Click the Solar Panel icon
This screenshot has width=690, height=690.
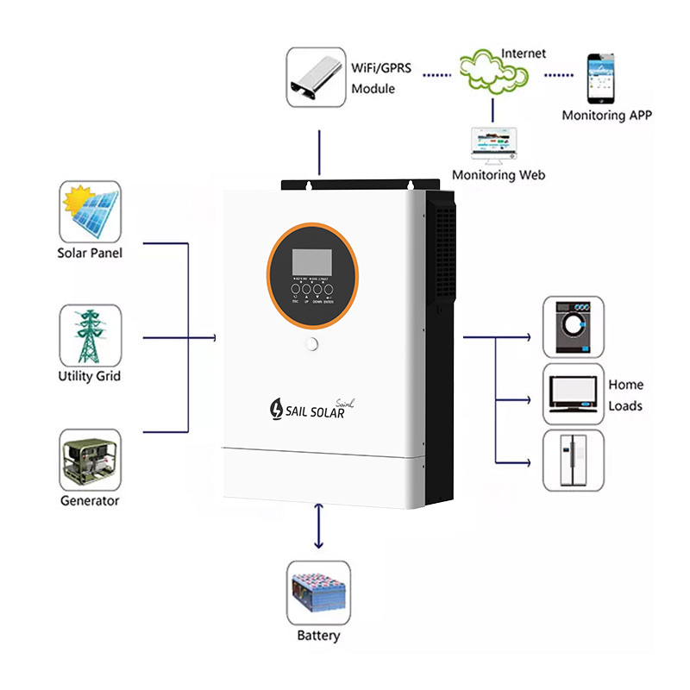pos(90,211)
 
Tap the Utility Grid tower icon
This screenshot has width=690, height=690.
pos(90,334)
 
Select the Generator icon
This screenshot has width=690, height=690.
pos(90,459)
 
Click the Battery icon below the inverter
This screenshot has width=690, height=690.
pos(318,593)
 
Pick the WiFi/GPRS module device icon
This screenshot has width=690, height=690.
pos(316,76)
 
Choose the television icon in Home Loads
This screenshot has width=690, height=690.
pos(574,393)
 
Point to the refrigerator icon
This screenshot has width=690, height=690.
pos(573,460)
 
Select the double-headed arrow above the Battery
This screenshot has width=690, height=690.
pos(319,527)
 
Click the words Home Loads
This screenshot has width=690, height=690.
pos(626,395)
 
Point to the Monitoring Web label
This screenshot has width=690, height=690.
pos(499,175)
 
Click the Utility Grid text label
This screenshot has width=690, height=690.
pos(90,376)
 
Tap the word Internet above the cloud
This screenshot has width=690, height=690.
pos(524,53)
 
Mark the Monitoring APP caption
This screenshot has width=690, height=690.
pos(606,115)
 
